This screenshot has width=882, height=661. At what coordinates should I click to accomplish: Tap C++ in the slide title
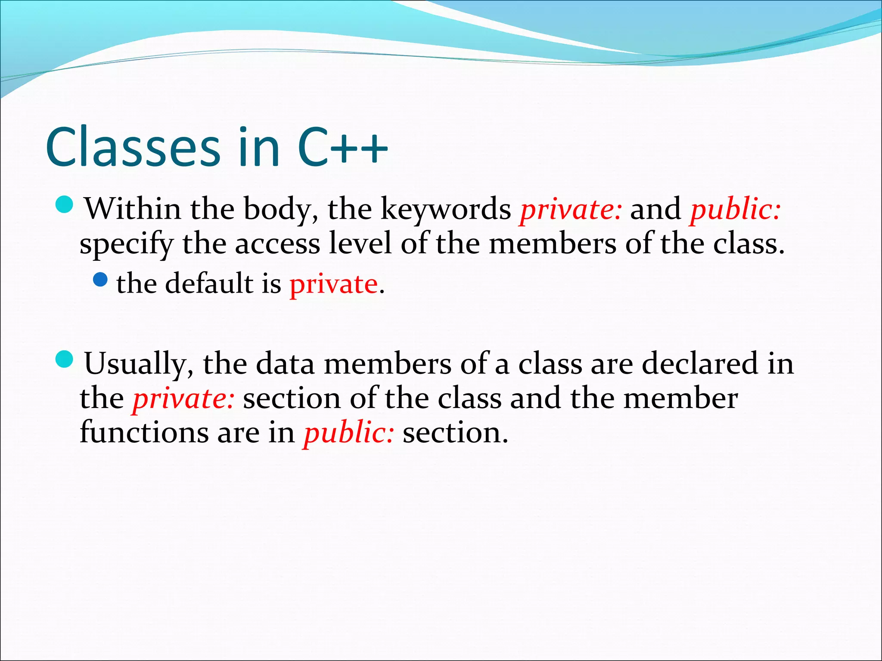point(343,147)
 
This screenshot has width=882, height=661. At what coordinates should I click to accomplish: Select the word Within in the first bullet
point(132,209)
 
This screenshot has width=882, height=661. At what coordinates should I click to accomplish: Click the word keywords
point(445,210)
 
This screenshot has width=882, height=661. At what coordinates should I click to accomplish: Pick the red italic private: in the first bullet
point(571,210)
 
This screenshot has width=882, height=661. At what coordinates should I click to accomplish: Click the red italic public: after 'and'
point(736,210)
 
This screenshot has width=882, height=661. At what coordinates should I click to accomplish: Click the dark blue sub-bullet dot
point(100,280)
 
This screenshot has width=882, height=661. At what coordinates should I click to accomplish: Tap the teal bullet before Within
point(65,204)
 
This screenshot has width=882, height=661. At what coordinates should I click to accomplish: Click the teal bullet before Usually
point(65,359)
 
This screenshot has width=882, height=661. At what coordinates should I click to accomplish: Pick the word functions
point(144,432)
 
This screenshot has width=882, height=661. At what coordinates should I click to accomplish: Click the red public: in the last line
point(348,433)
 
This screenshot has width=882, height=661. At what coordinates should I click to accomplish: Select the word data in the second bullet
point(285,364)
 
